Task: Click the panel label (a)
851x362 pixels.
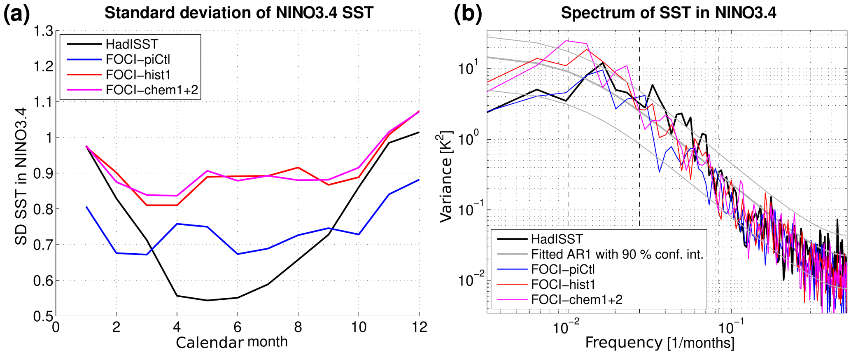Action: (16, 14)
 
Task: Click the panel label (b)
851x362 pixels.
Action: (467, 14)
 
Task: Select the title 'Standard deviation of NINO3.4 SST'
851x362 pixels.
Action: (239, 13)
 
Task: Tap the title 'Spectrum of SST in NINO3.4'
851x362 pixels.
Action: (669, 13)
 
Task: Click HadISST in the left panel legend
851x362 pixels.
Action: (132, 44)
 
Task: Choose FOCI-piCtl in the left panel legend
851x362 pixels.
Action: (138, 60)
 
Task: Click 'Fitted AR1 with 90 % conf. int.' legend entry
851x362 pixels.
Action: (617, 254)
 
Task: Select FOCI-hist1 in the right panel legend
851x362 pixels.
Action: (563, 284)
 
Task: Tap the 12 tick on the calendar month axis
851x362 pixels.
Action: (419, 327)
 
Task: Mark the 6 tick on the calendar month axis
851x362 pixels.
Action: (238, 327)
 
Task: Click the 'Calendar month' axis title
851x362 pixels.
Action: (231, 342)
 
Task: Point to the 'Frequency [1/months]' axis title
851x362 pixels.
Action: (660, 343)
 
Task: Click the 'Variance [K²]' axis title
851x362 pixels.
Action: (446, 176)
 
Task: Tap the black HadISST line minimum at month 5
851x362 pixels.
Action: (207, 300)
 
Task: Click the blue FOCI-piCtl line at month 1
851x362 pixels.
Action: (86, 207)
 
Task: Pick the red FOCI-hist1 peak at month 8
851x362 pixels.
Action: (298, 167)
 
